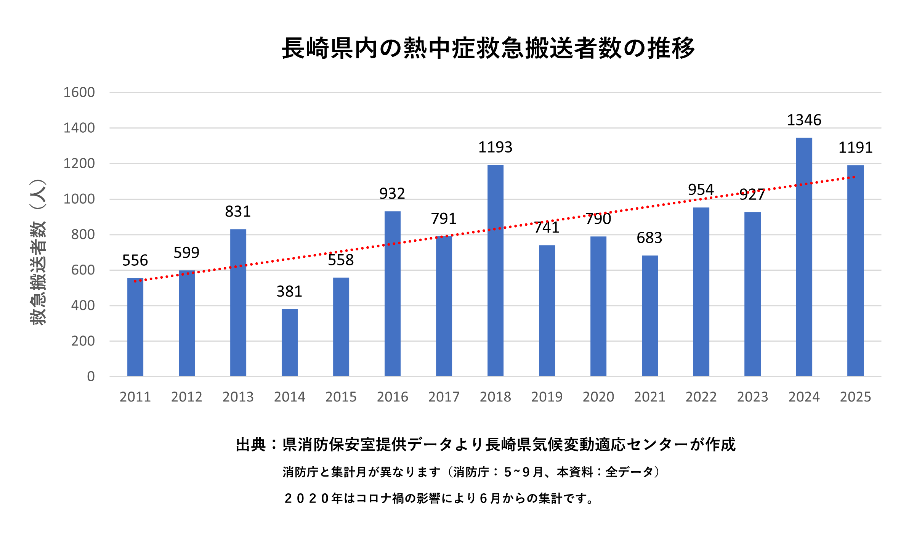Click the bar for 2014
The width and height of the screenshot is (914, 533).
(290, 342)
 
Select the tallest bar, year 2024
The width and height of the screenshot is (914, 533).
(804, 257)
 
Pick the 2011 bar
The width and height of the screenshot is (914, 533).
(135, 327)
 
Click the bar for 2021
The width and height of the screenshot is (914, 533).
(649, 316)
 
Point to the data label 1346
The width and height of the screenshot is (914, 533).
(804, 120)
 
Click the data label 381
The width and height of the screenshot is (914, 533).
(289, 292)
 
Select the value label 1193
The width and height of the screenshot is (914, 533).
(495, 147)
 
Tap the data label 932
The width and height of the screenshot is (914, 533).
(392, 194)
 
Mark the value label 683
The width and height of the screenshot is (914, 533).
(649, 238)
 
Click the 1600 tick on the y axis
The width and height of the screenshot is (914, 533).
(79, 92)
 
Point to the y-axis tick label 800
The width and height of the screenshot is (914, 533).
(83, 234)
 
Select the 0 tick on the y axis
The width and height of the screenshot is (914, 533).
(91, 377)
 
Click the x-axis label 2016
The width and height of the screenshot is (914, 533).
(392, 397)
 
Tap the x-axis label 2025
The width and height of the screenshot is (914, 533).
(855, 397)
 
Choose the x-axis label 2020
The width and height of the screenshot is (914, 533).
(598, 397)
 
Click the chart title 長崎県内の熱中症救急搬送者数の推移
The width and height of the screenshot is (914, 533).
(488, 48)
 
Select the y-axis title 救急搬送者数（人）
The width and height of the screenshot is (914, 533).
(38, 252)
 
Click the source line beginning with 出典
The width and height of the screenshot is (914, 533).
(486, 445)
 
